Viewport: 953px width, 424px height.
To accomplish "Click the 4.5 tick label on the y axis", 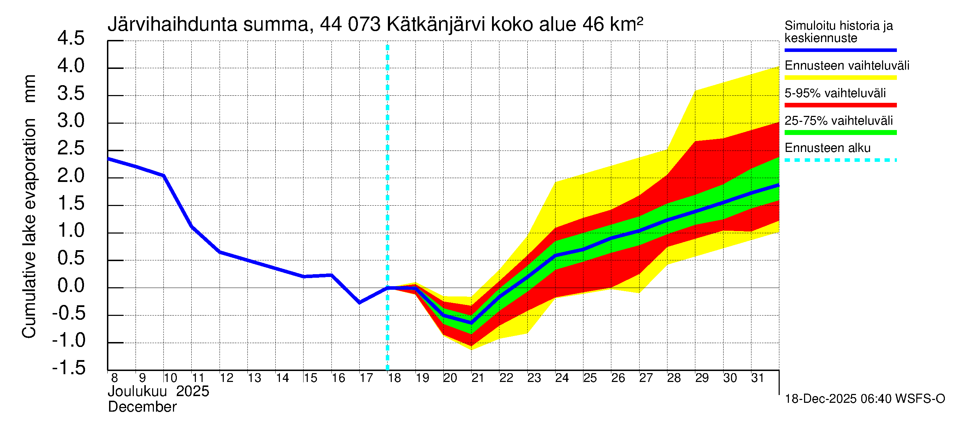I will (71, 39).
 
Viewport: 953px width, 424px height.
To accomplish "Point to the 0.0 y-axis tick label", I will (71, 286).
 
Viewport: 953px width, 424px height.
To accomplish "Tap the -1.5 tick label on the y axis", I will (69, 368).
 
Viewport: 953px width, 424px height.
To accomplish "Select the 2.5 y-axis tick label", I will (71, 148).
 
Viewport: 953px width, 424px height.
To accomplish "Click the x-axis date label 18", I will (394, 378).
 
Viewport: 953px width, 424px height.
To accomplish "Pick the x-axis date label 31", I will (757, 378).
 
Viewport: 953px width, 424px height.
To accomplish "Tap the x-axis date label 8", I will (114, 378).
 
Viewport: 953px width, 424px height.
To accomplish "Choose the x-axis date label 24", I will (562, 378).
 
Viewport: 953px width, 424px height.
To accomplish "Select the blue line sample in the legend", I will (840, 50).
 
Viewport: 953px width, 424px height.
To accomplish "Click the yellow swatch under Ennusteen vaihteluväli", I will (840, 78).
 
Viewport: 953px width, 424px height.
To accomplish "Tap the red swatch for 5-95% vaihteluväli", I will (840, 105).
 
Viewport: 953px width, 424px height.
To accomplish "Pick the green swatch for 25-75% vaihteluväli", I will (840, 132).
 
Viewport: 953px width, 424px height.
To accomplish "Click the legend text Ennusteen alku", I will (827, 148).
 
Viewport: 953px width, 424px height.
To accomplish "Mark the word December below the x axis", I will (142, 407).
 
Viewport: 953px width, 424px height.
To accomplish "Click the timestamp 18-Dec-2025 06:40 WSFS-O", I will (864, 399).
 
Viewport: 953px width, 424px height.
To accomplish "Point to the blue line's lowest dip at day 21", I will (471, 323).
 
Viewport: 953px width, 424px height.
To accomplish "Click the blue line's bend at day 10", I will (163, 176).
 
